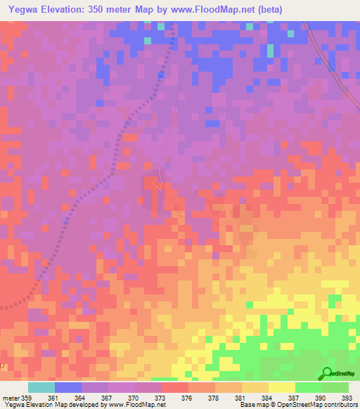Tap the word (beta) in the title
click(x=268, y=10)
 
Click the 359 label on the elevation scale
click(x=25, y=397)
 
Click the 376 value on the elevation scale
click(x=187, y=397)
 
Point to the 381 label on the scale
click(x=240, y=397)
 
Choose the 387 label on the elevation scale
click(x=293, y=397)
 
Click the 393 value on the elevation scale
click(x=346, y=397)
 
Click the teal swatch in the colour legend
click(x=41, y=387)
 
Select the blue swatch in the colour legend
click(x=68, y=387)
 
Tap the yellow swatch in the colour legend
click(x=282, y=387)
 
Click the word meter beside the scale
click(x=10, y=397)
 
